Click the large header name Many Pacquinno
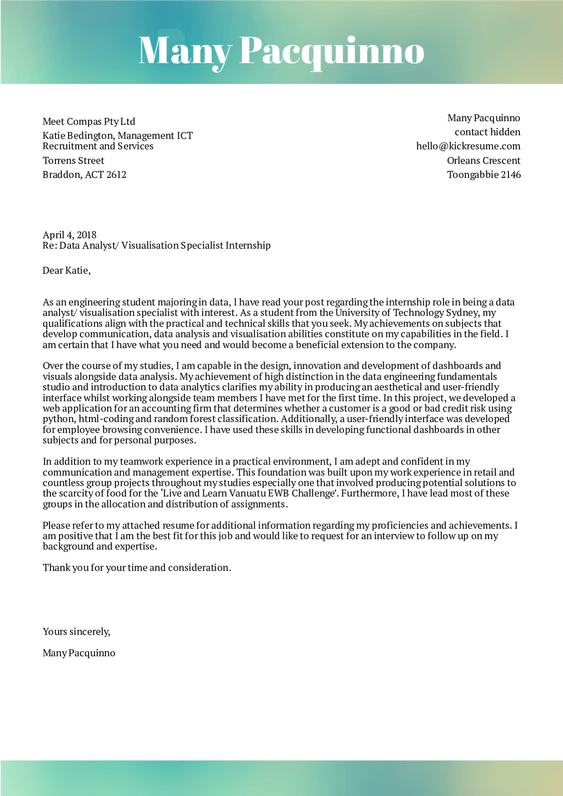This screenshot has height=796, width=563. click(x=281, y=51)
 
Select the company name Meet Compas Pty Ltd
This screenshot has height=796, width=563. click(x=89, y=122)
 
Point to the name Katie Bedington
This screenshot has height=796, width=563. click(x=78, y=136)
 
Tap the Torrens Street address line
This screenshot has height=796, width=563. click(x=73, y=161)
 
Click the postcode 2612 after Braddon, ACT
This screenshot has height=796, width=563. click(x=116, y=175)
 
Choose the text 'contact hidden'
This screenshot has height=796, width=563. click(x=487, y=132)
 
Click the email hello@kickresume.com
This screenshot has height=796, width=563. click(x=468, y=146)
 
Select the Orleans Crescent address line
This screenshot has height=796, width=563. click(x=484, y=161)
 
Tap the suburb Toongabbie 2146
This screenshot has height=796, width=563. click(x=484, y=175)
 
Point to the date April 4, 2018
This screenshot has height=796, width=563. click(x=69, y=235)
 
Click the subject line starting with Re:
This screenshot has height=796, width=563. click(x=157, y=246)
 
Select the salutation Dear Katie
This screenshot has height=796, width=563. click(x=66, y=270)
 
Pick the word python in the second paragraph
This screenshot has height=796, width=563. click(x=59, y=419)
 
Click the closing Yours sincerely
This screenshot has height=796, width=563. click(x=76, y=632)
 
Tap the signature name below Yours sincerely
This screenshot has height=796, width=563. click(x=79, y=653)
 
